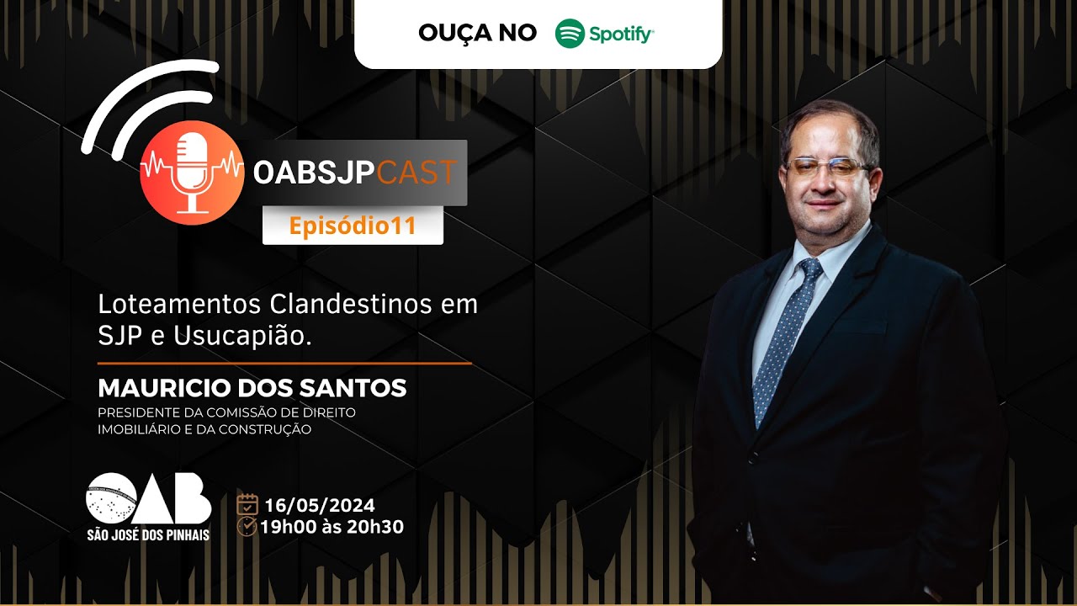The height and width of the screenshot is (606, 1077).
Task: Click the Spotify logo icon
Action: [570, 34]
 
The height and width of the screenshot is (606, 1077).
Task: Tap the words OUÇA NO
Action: [477, 33]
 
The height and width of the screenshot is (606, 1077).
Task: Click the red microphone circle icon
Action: [192, 173]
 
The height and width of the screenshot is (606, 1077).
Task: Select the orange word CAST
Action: [416, 173]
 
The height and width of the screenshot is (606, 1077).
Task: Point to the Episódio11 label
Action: [353, 226]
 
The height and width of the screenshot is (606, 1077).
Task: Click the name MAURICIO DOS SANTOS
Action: [252, 388]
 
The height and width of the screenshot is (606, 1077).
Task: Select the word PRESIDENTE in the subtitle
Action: [138, 412]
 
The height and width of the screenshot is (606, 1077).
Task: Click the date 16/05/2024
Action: [319, 506]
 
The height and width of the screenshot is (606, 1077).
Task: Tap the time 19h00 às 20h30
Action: [332, 527]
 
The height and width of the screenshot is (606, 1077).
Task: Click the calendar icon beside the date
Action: [247, 505]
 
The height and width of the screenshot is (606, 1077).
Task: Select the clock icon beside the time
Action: [247, 527]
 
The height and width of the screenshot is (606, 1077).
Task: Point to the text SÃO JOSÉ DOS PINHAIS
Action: [148, 534]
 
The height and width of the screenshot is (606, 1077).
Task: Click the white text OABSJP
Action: [314, 173]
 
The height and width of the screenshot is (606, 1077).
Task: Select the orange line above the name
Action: [284, 364]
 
